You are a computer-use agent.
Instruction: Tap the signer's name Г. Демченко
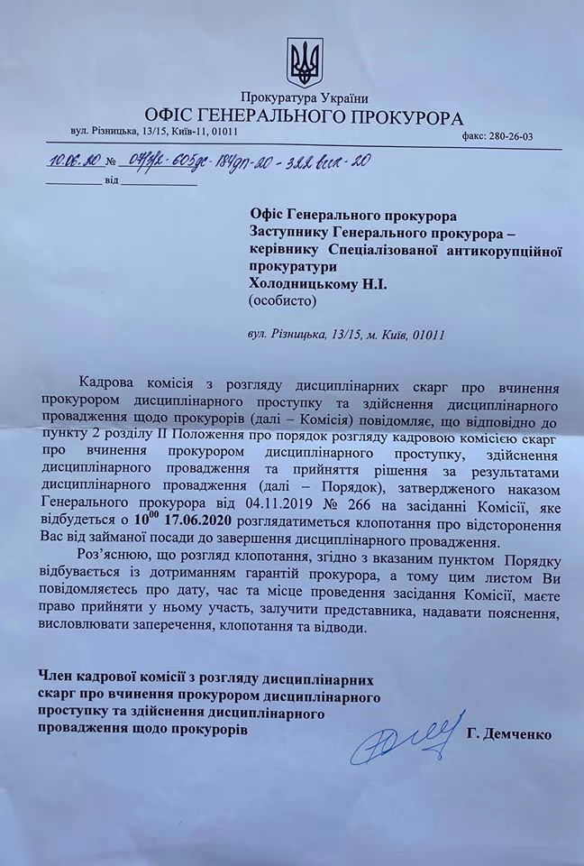509,735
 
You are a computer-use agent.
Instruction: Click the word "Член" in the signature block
55,675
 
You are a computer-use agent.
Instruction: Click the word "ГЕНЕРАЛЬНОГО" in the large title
281,117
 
